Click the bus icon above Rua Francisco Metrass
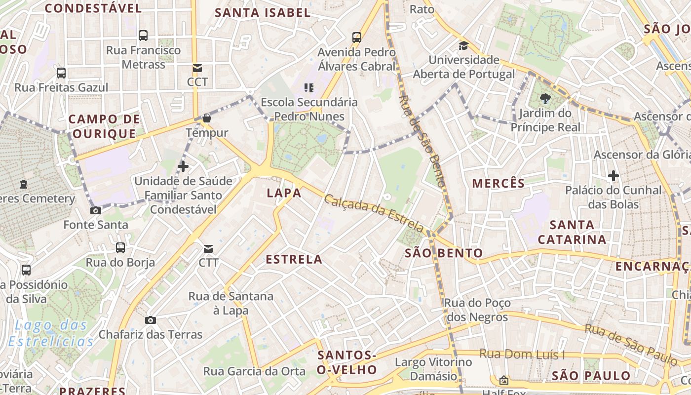point(143,36)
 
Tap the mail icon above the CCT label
point(197,68)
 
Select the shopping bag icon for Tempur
point(207,118)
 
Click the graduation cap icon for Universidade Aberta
point(463,46)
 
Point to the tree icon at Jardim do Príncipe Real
point(545,99)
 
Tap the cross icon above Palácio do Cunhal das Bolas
point(614,176)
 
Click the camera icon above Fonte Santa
point(96,211)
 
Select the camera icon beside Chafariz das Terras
point(151,320)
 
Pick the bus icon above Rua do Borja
point(120,248)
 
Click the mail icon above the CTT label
point(208,248)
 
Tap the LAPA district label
point(284,193)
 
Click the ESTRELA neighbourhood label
point(294,259)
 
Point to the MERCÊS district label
point(499,184)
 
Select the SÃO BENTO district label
point(444,254)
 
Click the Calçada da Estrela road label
point(374,213)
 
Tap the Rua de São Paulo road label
point(630,345)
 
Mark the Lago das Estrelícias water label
point(51,333)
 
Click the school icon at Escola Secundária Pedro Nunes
point(309,88)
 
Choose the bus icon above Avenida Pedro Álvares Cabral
point(357,38)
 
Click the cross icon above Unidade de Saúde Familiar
point(183,166)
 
